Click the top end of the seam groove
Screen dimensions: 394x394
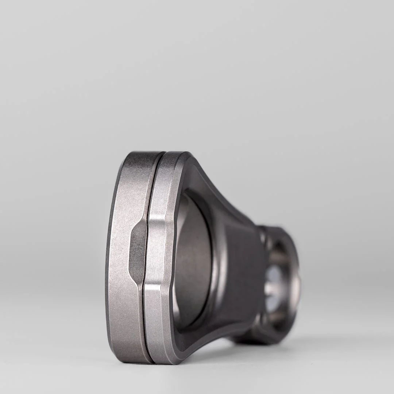pyautogui.click(x=161, y=155)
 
